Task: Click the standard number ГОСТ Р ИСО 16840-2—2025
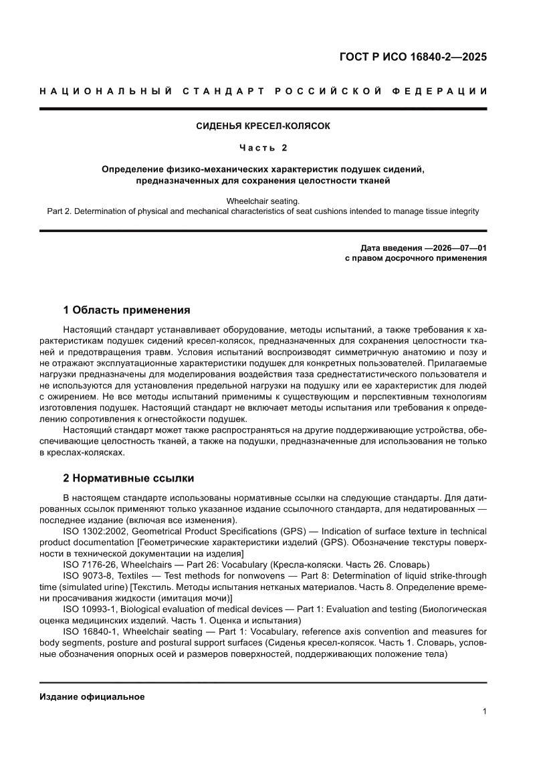point(413,57)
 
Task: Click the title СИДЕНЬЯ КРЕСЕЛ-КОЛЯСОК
point(263,126)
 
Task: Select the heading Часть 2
point(263,147)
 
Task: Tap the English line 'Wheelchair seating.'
point(263,201)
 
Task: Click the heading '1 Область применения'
point(126,310)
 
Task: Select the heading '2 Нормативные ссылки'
point(128,478)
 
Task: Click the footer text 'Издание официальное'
point(92,696)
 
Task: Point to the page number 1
point(483,712)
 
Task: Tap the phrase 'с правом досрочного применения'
point(415,258)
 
